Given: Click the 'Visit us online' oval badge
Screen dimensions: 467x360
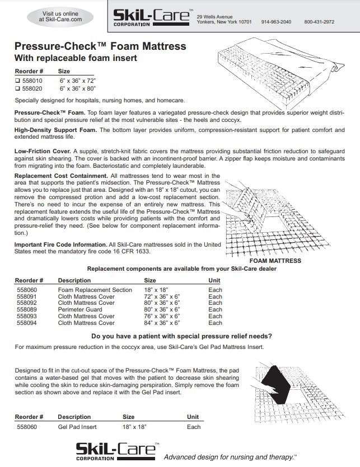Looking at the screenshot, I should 60,16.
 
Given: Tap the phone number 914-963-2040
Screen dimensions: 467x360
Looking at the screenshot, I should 276,22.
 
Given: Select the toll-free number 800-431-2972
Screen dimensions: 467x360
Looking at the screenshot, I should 319,22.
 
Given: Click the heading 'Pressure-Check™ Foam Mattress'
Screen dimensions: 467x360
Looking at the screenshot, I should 100,46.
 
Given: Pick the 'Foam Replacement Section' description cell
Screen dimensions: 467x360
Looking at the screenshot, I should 95,290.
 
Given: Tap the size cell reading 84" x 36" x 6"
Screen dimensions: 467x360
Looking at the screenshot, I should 162,323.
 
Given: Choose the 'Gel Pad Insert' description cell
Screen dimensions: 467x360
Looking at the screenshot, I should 77,427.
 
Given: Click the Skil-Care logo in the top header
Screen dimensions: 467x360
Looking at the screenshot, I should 151,17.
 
